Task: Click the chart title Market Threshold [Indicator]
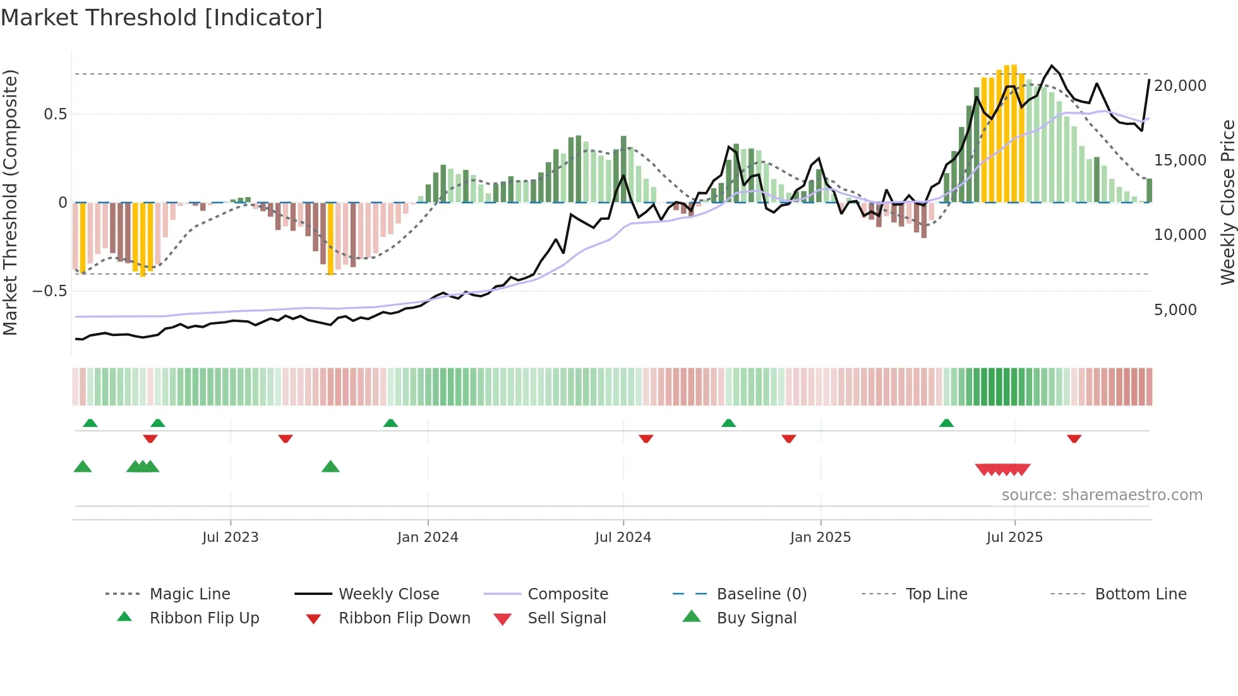tap(162, 18)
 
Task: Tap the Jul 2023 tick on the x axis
tap(231, 537)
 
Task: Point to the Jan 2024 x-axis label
tap(428, 537)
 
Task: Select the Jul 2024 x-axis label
tap(623, 537)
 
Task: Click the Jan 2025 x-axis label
tap(820, 537)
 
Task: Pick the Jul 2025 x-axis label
tap(1014, 537)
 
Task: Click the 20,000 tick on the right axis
tap(1179, 86)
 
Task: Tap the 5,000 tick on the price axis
tap(1175, 310)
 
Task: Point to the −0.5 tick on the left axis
tap(50, 291)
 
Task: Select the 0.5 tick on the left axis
tap(55, 114)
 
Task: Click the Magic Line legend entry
tap(189, 594)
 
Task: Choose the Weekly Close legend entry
tap(388, 594)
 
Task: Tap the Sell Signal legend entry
tap(567, 618)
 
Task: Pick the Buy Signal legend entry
tap(756, 618)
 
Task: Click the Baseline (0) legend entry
tap(761, 594)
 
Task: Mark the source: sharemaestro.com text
tap(1102, 495)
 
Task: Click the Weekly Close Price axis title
tap(1227, 202)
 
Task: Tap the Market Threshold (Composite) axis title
tap(10, 202)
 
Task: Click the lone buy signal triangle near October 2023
tap(330, 467)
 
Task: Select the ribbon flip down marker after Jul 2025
tap(1074, 438)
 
